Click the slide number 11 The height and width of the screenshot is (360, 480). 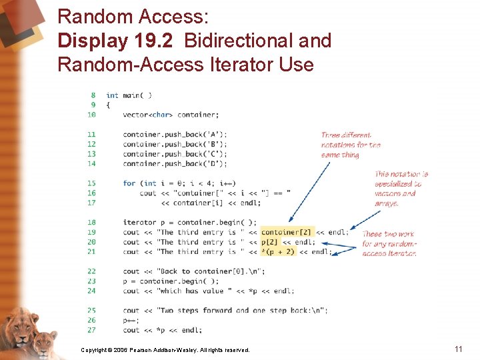point(458,349)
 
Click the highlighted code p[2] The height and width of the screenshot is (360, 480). point(269,242)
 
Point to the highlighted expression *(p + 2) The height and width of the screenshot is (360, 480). point(277,252)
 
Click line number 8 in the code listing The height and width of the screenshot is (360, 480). point(93,95)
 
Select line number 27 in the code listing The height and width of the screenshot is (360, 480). point(91,330)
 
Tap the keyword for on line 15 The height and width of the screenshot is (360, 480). point(129,183)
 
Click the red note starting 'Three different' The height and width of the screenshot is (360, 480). point(351,145)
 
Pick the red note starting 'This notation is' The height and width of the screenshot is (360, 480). point(401,189)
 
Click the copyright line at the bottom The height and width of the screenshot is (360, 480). point(165,350)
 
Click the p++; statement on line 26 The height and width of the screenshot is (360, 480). point(130,320)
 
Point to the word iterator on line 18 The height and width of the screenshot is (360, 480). point(139,223)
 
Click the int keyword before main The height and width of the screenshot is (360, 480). point(112,95)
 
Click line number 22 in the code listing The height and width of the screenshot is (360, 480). point(91,271)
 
